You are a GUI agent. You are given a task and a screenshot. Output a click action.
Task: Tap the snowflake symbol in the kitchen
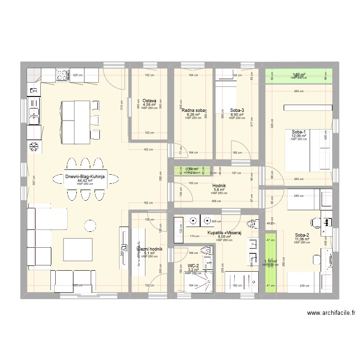click(34, 146)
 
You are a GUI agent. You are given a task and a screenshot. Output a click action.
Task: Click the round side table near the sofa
click(89, 224)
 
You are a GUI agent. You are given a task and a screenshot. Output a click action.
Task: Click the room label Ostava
click(149, 101)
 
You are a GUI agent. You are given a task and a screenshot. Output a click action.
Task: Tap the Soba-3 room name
click(237, 110)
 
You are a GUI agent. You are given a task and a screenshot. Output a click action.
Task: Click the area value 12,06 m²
click(298, 136)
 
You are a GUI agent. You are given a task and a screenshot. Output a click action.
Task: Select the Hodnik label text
click(219, 185)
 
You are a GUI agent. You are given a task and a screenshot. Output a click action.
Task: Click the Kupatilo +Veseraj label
click(224, 233)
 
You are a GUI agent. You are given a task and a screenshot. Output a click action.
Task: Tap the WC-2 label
click(193, 265)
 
